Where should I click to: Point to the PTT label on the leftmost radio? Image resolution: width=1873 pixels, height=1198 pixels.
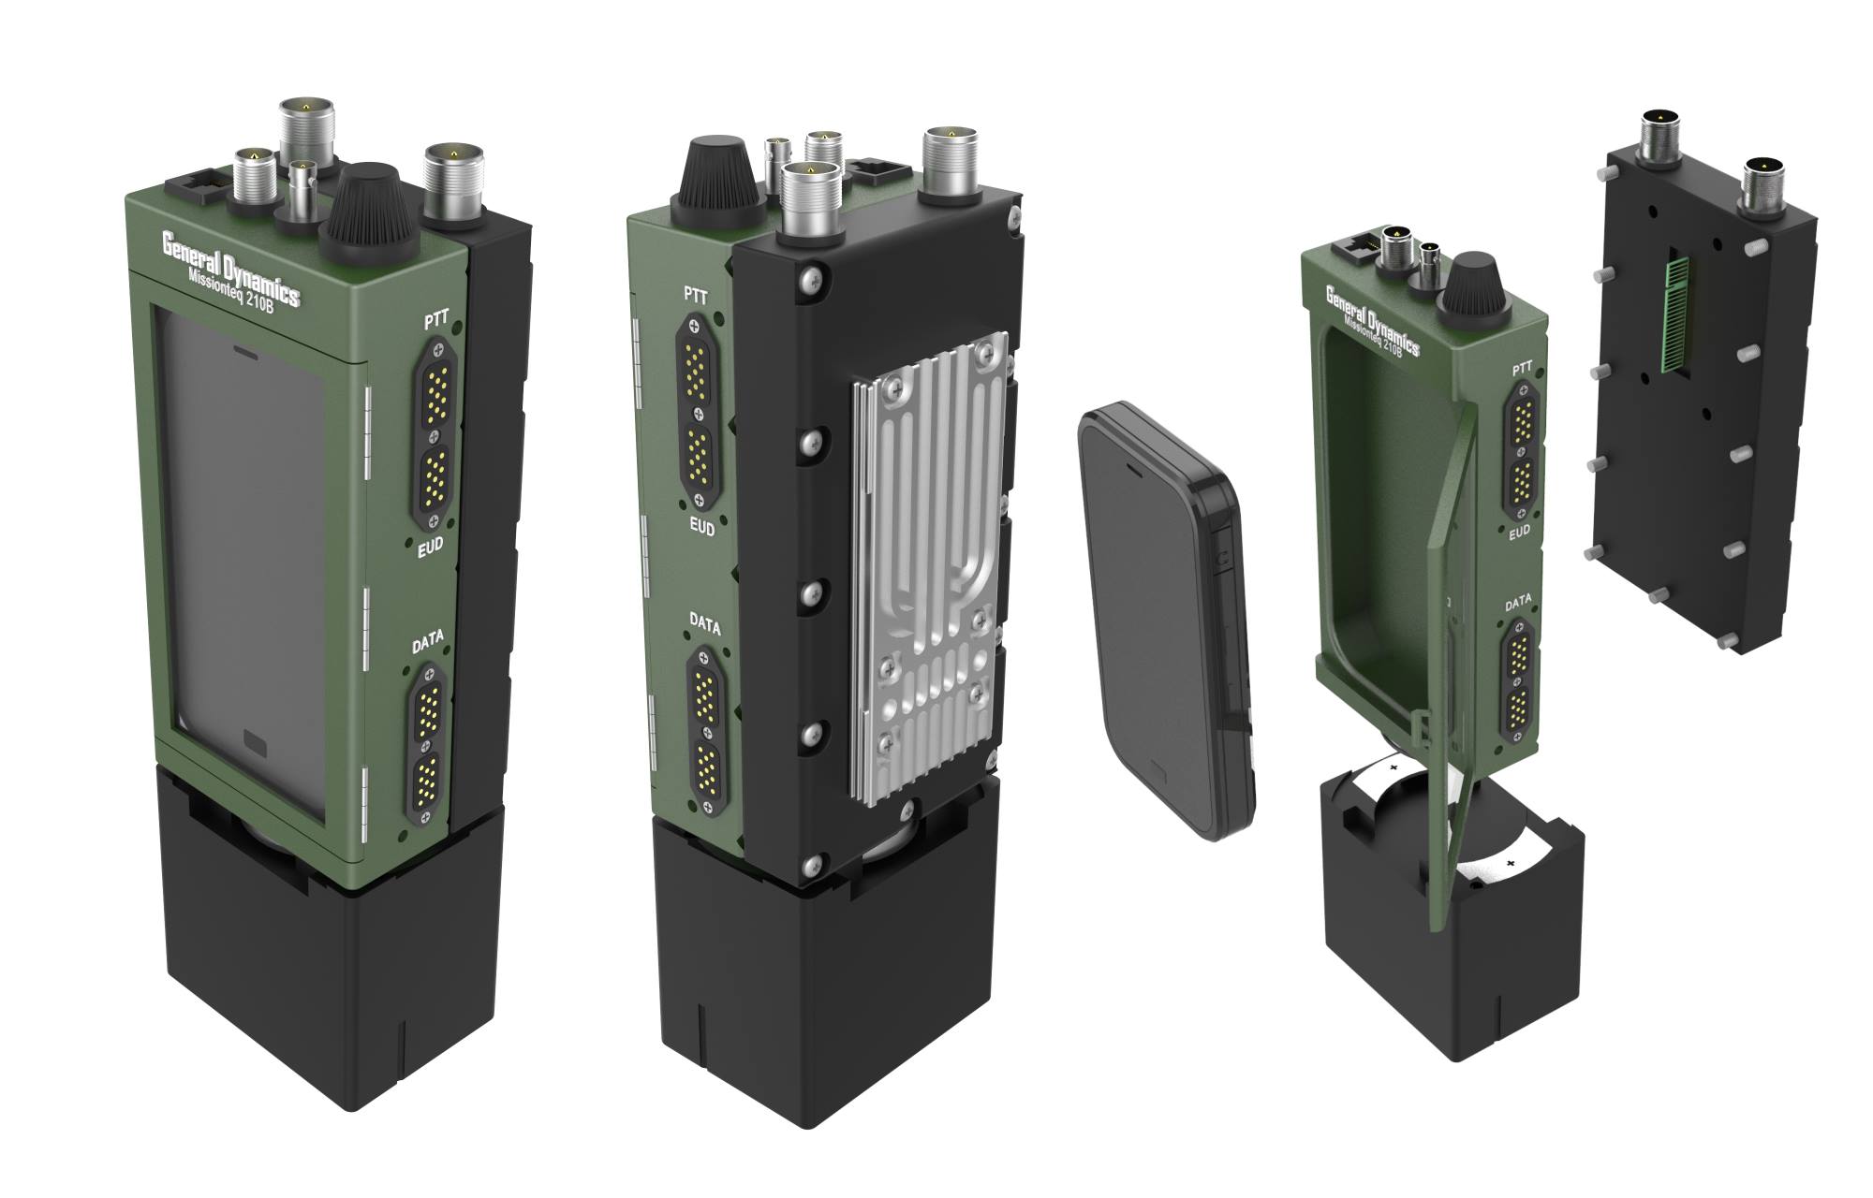point(436,321)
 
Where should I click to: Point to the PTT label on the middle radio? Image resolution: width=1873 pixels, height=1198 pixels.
point(696,294)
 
